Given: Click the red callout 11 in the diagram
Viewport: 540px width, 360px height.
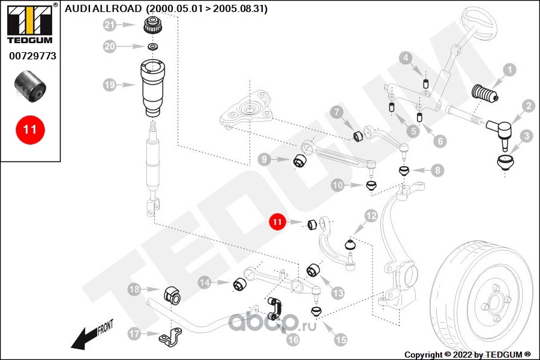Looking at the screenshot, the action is coord(278,222).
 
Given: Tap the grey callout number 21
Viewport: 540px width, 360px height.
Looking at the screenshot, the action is coord(110,25).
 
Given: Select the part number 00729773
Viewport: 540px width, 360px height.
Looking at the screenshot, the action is coord(32,56).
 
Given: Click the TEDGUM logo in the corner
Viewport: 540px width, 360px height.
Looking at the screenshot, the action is coord(30,24).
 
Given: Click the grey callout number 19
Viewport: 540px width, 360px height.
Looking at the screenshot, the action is coord(110,85).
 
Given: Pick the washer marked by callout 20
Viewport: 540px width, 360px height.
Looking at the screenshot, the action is coord(152,46).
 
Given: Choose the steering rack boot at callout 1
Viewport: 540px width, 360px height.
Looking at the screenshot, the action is coord(483,94).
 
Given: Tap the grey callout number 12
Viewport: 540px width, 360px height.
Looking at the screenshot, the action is coord(371,217).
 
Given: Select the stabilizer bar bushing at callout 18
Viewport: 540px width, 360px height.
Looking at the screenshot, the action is coord(172,295).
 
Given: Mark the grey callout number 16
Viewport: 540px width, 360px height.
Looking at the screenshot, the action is coord(293,340).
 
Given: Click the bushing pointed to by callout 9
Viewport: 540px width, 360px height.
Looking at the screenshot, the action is coord(299,161).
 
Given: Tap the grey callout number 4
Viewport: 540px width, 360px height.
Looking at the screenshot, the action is coord(406,58).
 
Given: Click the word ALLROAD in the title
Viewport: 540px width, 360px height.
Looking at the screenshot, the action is coord(118,8).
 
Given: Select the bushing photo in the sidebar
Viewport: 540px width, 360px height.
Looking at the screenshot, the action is coord(31,87).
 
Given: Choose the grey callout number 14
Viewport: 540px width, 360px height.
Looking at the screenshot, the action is coord(205,283).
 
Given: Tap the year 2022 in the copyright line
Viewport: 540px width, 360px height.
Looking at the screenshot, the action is coord(463,355).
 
